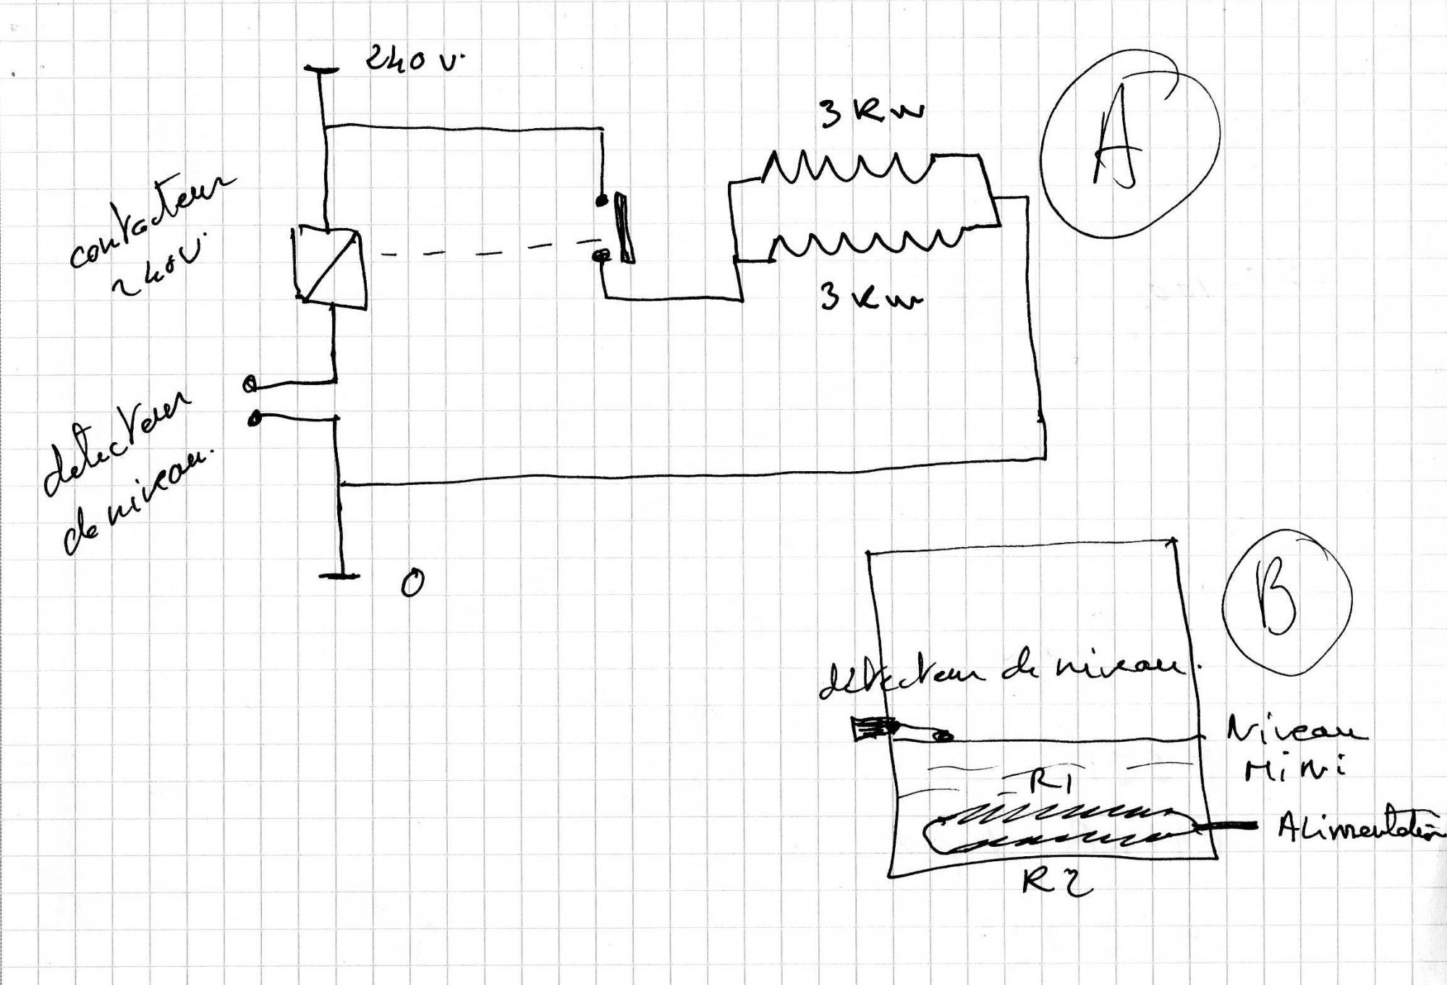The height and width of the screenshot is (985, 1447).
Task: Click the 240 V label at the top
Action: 412,59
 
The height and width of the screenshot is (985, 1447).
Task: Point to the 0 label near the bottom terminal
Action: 412,583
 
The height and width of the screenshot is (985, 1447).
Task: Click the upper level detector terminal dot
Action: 250,384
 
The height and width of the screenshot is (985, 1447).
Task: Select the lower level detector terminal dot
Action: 255,418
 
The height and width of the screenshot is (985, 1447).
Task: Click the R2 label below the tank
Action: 1056,882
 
